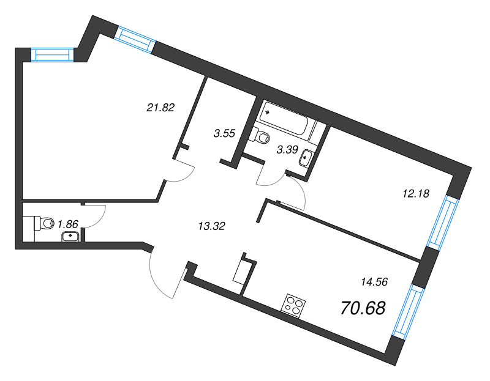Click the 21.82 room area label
tap(160, 108)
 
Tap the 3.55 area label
tap(224, 133)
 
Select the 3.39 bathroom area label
tap(287, 150)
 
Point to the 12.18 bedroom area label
tap(416, 194)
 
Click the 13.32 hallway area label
tap(212, 226)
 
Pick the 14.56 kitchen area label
tap(374, 282)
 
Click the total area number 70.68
tap(363, 308)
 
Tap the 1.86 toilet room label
tap(68, 224)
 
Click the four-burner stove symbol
tap(293, 306)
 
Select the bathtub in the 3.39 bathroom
tap(288, 119)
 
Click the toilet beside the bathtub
tap(262, 136)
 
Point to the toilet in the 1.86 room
tap(43, 223)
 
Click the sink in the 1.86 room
tap(70, 237)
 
